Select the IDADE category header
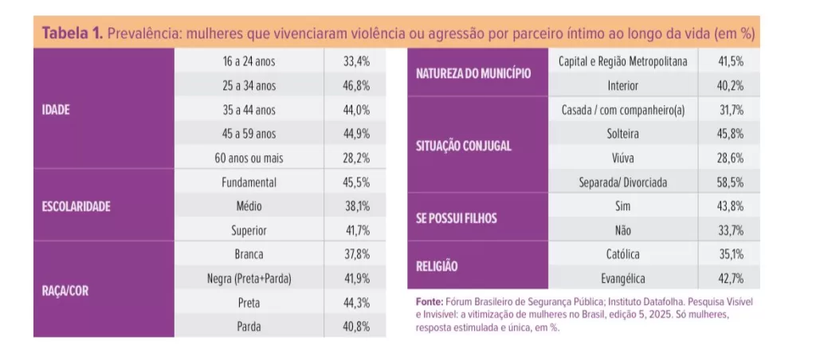56,110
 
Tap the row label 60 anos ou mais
249,158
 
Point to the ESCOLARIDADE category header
76,206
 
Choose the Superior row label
249,230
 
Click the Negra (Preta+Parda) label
249,279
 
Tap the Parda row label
249,327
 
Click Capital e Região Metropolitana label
623,61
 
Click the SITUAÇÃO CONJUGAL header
464,147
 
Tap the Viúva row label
623,158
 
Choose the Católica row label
623,255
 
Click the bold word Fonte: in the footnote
431,303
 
